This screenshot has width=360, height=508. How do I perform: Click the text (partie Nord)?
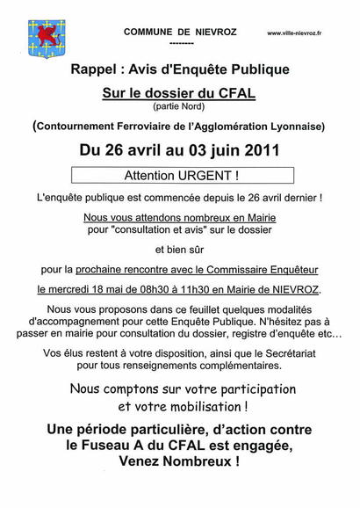click(x=180, y=106)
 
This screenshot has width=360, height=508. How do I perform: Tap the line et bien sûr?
click(x=180, y=249)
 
